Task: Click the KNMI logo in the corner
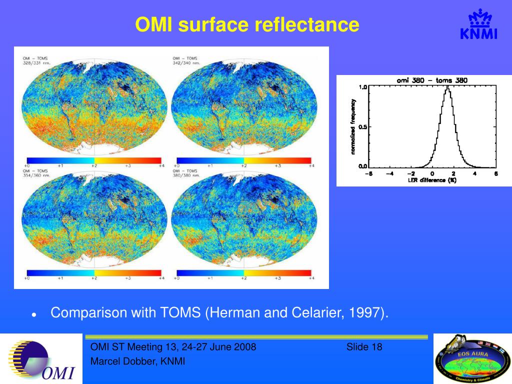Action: point(478,26)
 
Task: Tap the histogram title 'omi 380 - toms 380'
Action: point(432,80)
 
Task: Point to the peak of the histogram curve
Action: point(447,88)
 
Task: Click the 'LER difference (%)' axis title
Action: point(431,180)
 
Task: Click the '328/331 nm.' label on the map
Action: point(36,63)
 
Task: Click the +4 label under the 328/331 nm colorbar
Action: point(161,165)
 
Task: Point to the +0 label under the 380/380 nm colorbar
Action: point(177,278)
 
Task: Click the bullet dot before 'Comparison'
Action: point(33,315)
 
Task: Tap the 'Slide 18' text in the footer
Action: point(364,347)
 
